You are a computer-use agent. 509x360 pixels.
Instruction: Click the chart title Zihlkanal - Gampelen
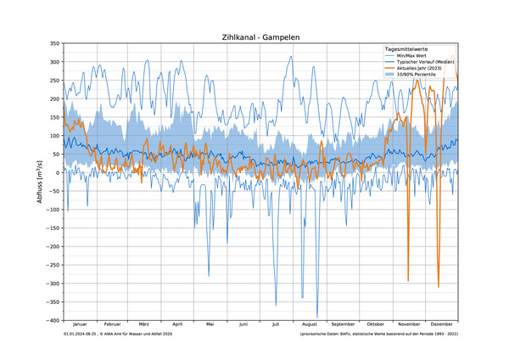point(260,37)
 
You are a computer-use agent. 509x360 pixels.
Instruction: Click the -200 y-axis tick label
point(51,246)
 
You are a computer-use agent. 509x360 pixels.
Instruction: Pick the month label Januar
point(80,325)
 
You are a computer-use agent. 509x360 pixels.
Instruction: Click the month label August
point(310,325)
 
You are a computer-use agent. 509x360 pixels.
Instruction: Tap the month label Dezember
point(442,325)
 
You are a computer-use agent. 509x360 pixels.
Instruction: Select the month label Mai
point(210,325)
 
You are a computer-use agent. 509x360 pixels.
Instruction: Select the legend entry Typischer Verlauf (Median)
point(428,62)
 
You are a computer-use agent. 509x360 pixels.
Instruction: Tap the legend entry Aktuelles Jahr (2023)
point(424,68)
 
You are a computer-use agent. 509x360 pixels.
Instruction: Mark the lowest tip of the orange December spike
point(439,287)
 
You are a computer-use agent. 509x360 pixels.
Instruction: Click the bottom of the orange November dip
point(408,281)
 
